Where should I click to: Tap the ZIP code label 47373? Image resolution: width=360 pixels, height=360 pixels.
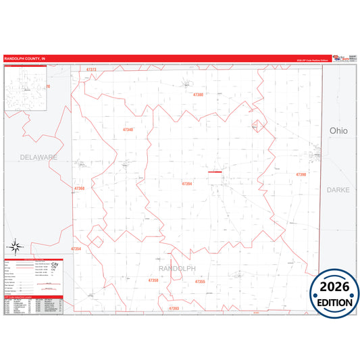[x=92, y=70]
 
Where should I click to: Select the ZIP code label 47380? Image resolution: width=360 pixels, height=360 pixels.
[x=198, y=95]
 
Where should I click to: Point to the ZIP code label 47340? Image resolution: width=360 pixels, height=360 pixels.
[x=128, y=129]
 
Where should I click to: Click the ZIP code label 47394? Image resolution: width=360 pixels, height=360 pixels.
[x=187, y=183]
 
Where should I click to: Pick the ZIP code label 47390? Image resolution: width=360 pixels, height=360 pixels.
[x=301, y=174]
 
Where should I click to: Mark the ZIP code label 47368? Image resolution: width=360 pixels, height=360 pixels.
[x=80, y=188]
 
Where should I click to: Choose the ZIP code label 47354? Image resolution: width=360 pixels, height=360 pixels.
[x=76, y=249]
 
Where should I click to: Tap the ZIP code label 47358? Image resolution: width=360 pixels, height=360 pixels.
[x=153, y=280]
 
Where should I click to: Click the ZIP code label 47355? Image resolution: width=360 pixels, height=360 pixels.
[x=199, y=281]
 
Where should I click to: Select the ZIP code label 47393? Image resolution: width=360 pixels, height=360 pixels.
[x=174, y=308]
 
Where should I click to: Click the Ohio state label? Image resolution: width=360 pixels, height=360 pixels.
[x=338, y=130]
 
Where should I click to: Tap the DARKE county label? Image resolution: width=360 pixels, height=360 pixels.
[x=338, y=190]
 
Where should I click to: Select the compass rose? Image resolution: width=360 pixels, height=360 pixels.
[x=17, y=247]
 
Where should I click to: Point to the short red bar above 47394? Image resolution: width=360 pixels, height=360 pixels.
[x=215, y=172]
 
